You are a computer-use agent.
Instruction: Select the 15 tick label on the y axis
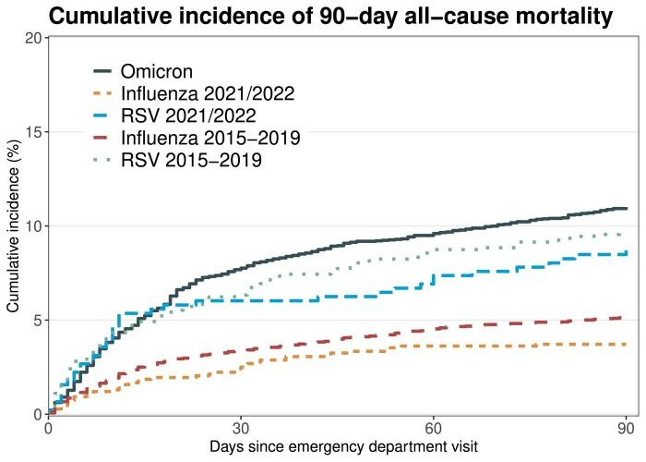point(33,131)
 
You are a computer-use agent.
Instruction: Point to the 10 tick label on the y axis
point(33,225)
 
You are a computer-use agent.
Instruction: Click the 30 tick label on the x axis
point(241,429)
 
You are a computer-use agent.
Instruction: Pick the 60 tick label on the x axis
point(434,429)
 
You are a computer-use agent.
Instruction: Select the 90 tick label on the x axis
point(626,429)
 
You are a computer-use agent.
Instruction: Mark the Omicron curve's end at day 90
point(626,208)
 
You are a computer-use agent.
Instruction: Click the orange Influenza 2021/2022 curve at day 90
point(626,344)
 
